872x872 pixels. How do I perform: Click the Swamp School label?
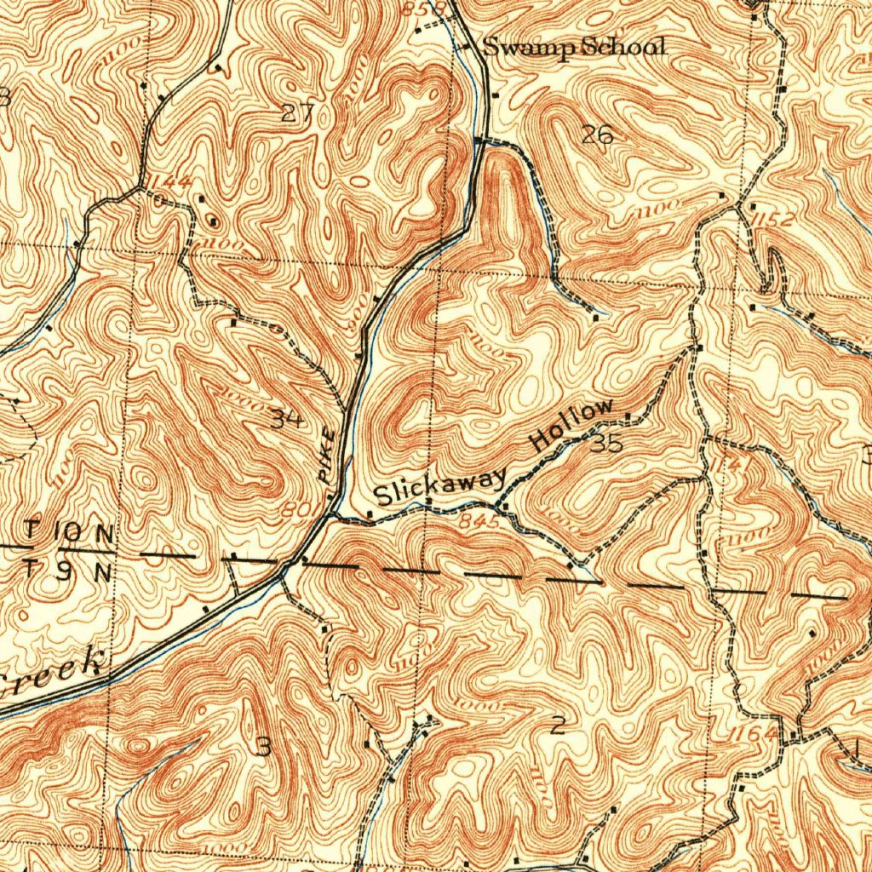coord(574,48)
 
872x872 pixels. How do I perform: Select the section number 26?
coord(597,134)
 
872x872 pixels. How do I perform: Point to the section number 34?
coord(287,418)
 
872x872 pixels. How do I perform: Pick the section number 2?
coord(557,726)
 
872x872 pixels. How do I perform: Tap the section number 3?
coord(264,747)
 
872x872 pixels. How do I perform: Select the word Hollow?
coord(571,425)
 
